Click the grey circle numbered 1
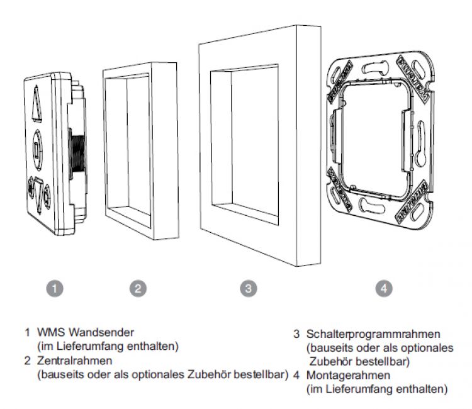(x=56, y=289)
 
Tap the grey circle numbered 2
(x=138, y=289)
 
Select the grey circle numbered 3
(x=249, y=289)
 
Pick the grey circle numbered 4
(x=384, y=289)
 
